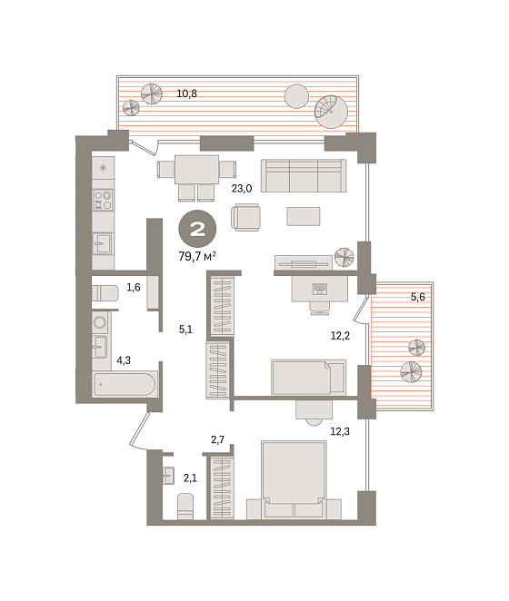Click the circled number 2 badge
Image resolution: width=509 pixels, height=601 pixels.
[197, 229]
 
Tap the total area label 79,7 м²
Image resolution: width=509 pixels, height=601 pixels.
[197, 256]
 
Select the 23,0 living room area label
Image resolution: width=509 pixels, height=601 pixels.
[242, 189]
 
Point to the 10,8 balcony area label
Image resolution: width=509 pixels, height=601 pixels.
[186, 94]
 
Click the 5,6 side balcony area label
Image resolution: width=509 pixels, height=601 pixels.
[417, 297]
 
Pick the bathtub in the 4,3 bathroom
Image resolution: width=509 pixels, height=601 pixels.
[125, 384]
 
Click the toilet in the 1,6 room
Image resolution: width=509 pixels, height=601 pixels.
[105, 293]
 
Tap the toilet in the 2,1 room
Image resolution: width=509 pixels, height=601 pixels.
[185, 506]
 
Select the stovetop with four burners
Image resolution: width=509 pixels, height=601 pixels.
[103, 200]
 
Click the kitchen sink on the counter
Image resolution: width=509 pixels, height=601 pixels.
[103, 243]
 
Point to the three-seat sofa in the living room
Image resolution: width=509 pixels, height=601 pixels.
[304, 175]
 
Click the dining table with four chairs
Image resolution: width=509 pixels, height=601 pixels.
[196, 177]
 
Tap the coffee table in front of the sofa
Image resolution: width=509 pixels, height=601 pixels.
[304, 216]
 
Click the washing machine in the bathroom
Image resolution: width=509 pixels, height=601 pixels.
[100, 322]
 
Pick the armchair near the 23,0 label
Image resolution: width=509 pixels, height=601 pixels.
[245, 217]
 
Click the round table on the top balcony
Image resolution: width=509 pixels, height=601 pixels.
[296, 96]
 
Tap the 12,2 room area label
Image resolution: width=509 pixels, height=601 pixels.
[340, 336]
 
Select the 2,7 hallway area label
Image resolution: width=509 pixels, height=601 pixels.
[217, 439]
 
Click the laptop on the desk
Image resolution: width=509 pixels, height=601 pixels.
[320, 289]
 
